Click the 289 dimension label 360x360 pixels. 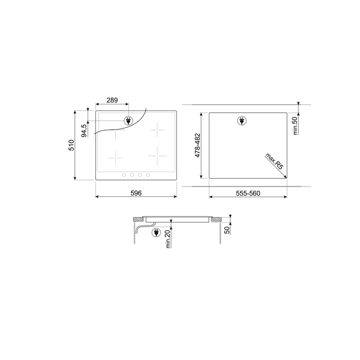[x=112, y=100]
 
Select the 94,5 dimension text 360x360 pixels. [x=84, y=131]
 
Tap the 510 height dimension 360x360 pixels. [x=71, y=145]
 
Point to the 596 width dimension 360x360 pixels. [x=136, y=193]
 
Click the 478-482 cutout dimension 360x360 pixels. [x=197, y=146]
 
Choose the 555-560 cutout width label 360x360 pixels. [x=248, y=193]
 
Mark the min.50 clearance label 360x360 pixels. [x=295, y=125]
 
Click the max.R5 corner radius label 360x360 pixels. [x=275, y=161]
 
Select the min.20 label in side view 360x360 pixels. [x=168, y=239]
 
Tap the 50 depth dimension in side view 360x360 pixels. [x=227, y=230]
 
